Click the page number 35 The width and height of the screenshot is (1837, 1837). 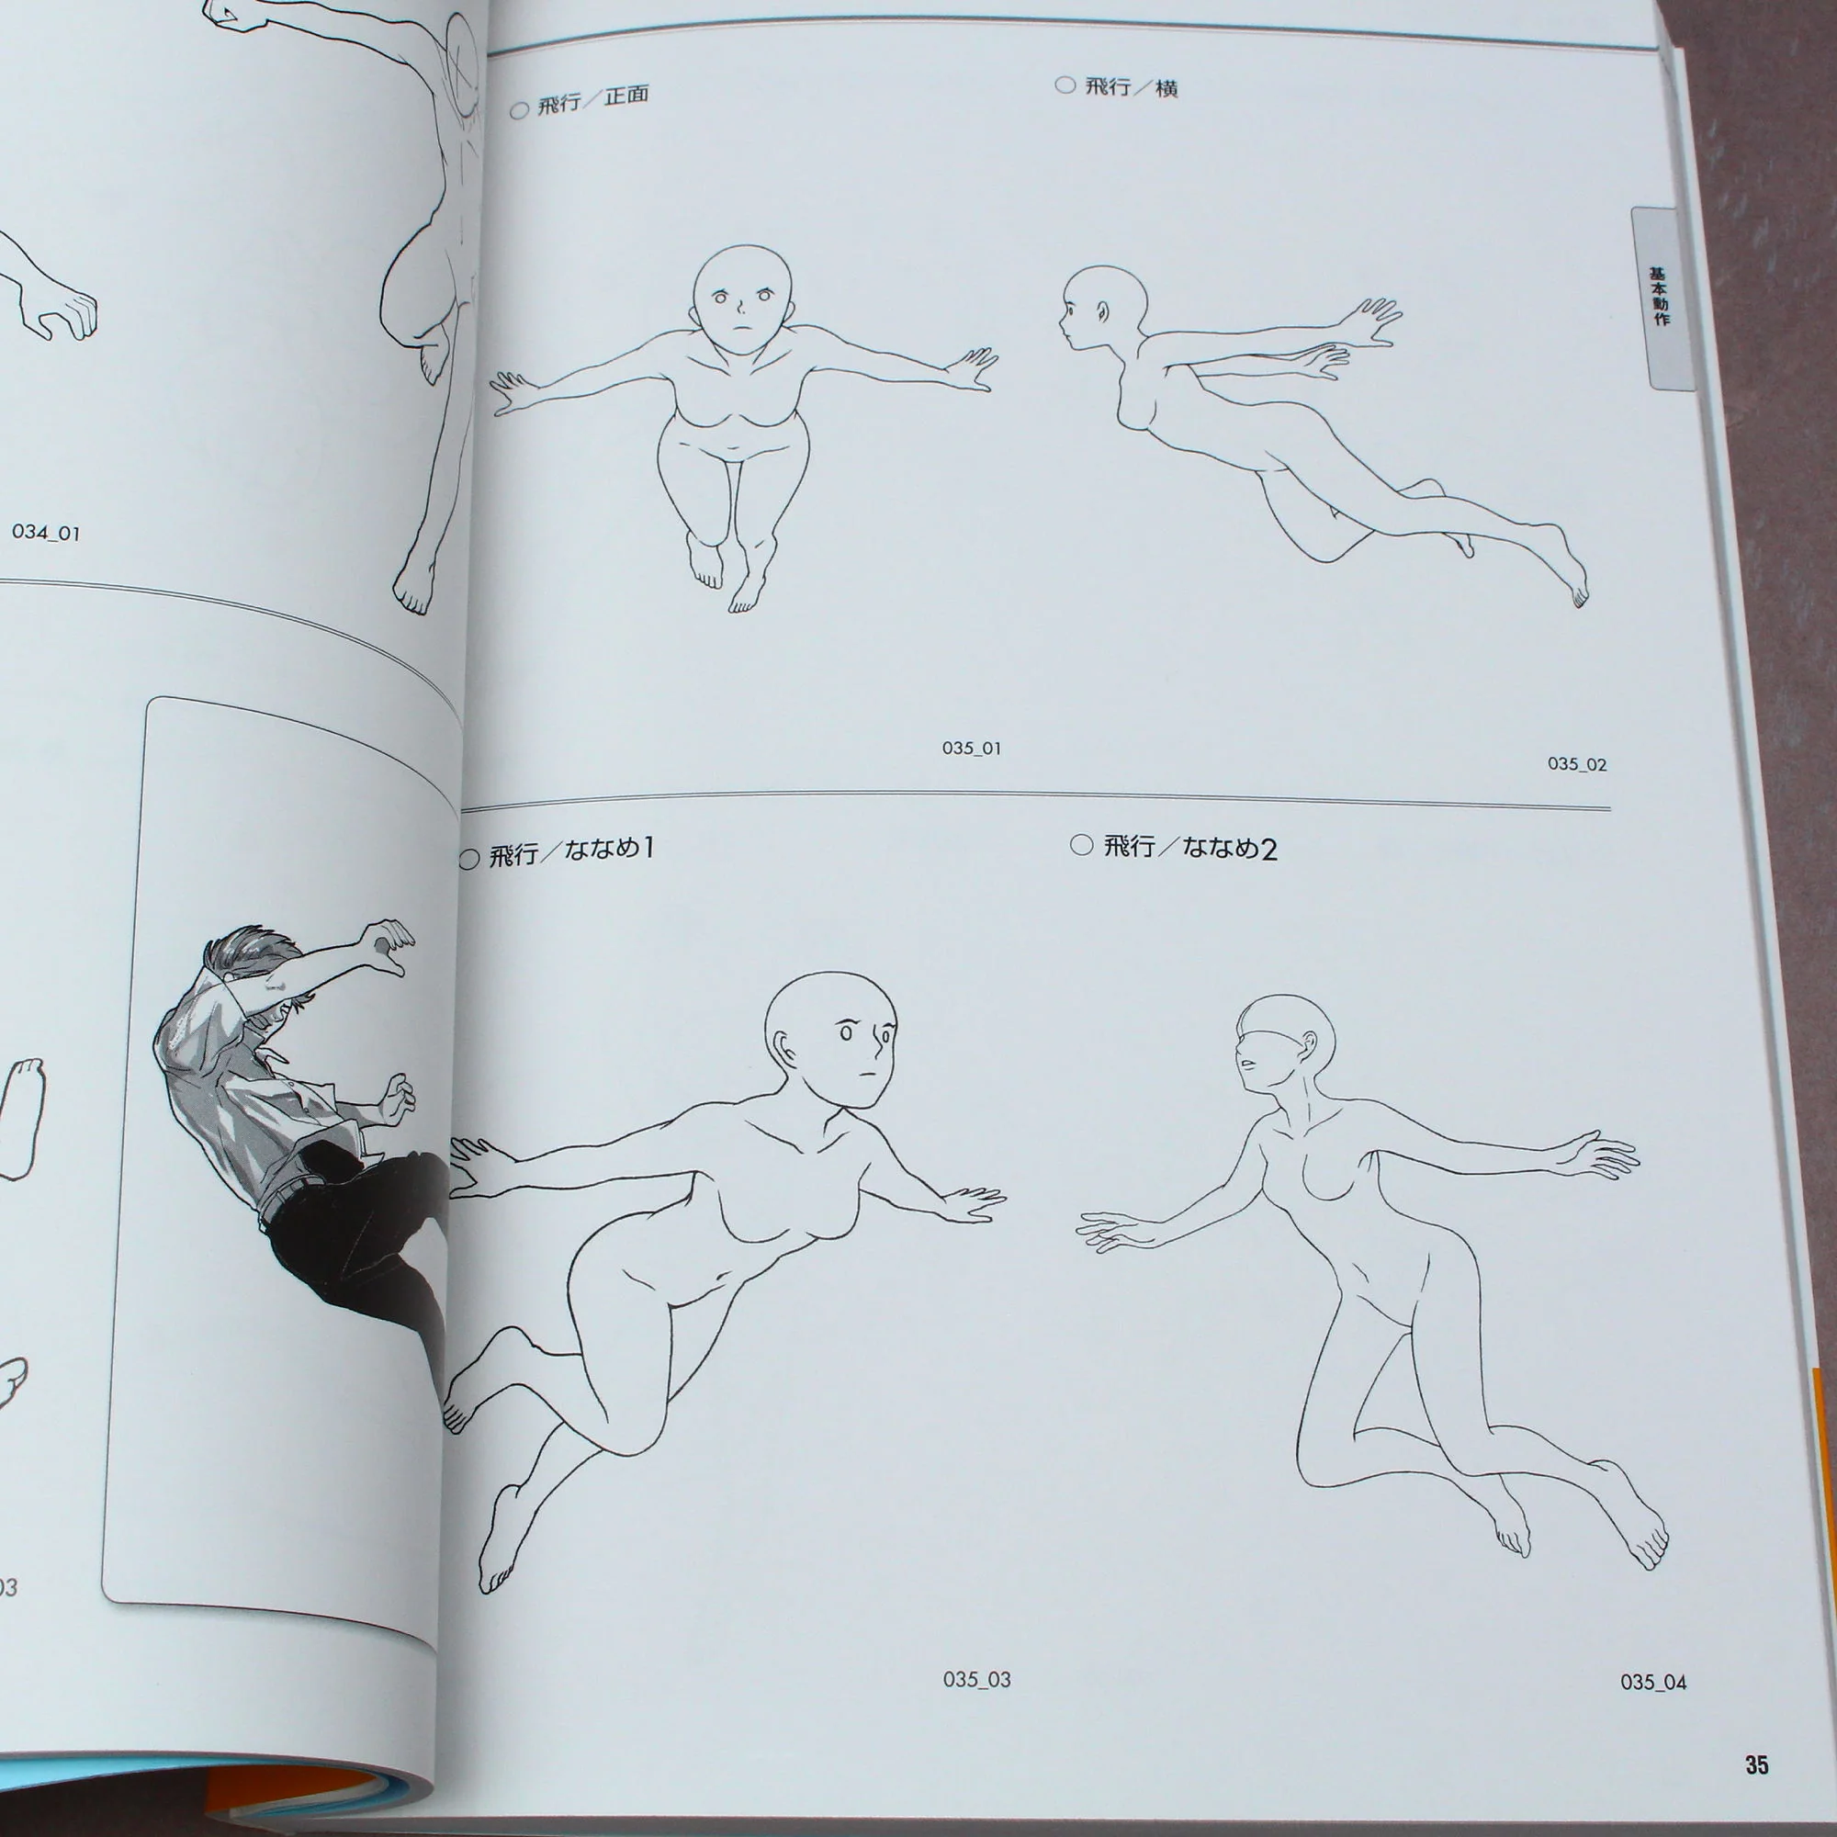[1756, 1764]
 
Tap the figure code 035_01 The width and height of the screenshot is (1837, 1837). [971, 749]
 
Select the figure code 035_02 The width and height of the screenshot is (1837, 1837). [1576, 763]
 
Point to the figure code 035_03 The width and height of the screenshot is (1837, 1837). [976, 1679]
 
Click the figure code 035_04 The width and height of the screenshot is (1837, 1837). [1653, 1682]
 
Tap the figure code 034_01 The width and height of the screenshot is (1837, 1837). [46, 533]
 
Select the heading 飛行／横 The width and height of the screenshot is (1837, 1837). [1132, 87]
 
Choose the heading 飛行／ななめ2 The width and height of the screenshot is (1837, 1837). [1190, 846]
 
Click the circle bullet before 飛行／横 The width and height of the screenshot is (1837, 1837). [1065, 85]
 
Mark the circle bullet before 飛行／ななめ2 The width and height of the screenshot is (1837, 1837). [1081, 844]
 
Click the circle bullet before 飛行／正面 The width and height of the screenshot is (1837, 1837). [519, 110]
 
